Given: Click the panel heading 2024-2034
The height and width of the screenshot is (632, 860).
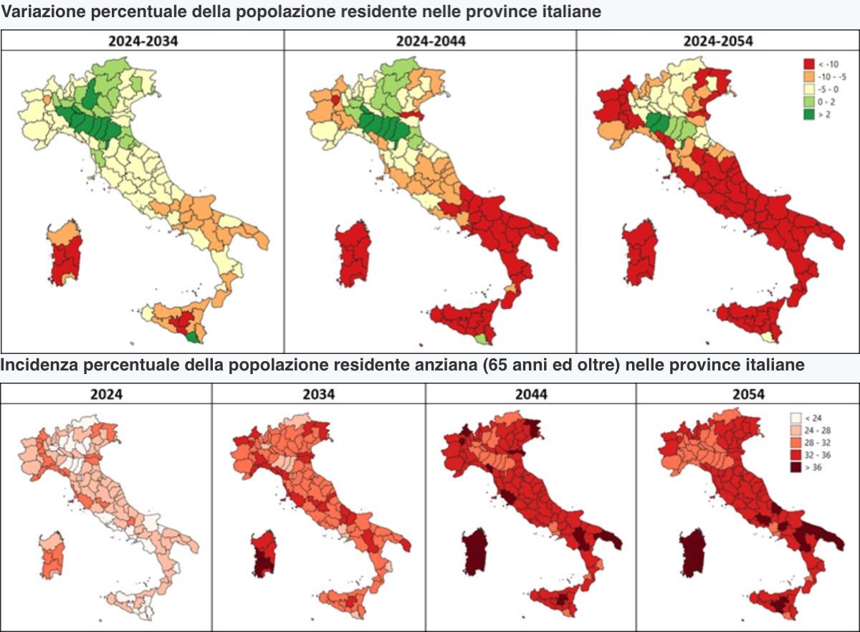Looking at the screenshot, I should (143, 41).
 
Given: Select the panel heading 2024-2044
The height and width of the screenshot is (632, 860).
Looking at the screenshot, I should (430, 41).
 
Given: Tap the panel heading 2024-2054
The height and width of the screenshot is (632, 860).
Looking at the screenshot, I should (718, 41).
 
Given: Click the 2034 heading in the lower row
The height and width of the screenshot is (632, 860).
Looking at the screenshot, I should (318, 394).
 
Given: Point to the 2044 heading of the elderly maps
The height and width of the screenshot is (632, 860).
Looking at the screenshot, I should (531, 394).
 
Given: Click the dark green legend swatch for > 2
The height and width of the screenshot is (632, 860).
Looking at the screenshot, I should (809, 115).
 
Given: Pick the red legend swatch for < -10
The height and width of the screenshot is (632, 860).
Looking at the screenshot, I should (809, 64).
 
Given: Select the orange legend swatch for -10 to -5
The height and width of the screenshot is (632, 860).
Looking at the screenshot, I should (809, 77).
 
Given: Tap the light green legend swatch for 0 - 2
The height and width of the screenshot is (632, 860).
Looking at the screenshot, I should (809, 102).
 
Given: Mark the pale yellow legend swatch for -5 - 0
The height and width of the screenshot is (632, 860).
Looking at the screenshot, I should (809, 90).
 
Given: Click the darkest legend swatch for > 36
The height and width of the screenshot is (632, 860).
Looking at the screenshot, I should (795, 467).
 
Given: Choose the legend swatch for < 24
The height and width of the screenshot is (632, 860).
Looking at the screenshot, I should (795, 417).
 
